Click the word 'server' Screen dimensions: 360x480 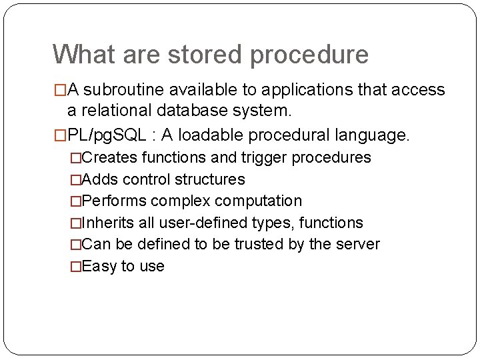tap(357, 244)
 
